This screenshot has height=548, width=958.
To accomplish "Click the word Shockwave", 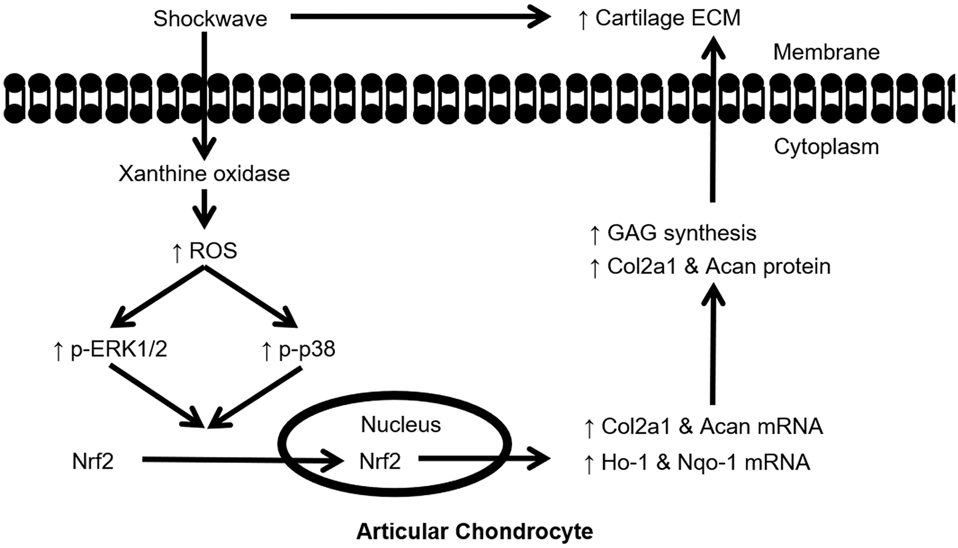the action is click(x=210, y=19).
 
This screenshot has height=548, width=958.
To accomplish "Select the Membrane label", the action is click(x=826, y=53).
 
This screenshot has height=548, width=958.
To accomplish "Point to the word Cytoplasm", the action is click(x=826, y=147).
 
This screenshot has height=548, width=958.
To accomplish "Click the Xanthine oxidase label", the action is click(x=205, y=174).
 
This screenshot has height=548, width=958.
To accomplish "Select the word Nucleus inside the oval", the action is click(x=401, y=425).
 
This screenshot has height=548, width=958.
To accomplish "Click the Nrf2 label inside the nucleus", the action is click(x=380, y=462).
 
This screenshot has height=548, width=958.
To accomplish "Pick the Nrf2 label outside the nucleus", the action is click(x=93, y=462).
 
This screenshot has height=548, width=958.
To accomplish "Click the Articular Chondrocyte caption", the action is click(x=475, y=531).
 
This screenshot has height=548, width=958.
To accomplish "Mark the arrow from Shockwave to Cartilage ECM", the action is click(x=420, y=17).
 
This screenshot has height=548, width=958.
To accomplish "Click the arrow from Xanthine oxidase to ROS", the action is click(x=205, y=209).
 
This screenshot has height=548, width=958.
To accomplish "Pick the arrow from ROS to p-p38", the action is click(x=251, y=297).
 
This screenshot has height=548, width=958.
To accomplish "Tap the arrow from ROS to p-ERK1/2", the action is click(x=157, y=297).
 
